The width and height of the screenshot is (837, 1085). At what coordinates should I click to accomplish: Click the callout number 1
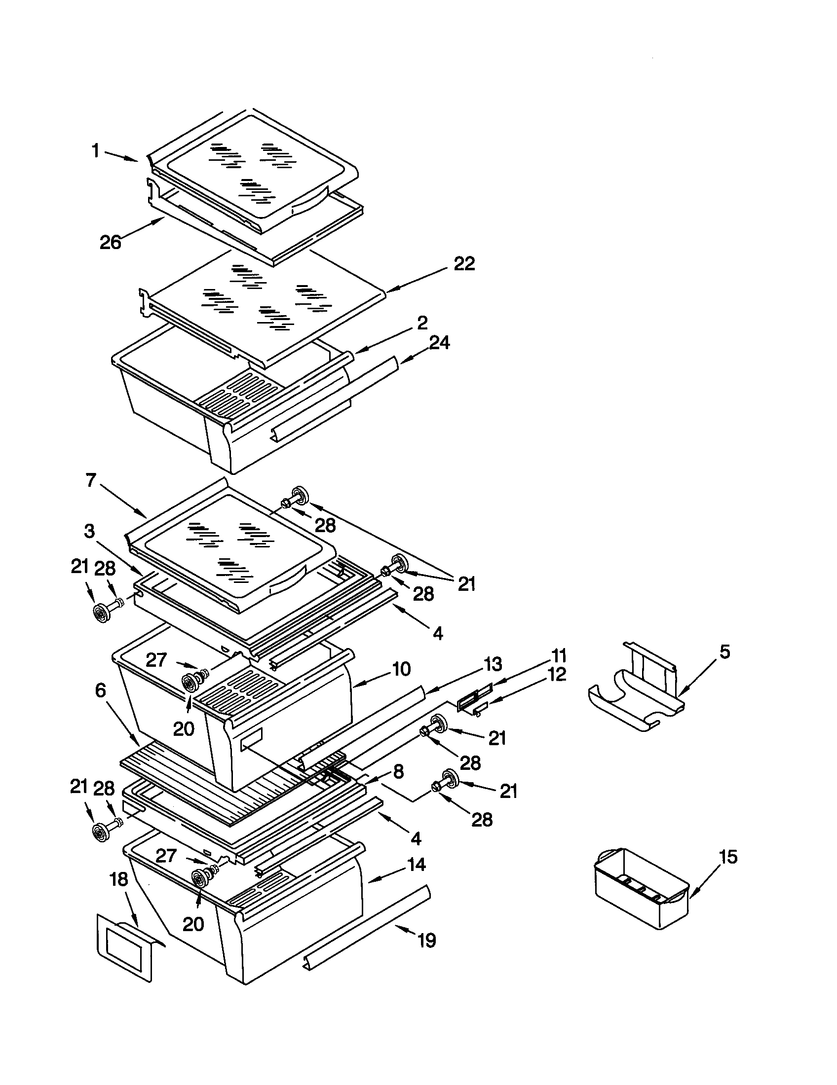(x=95, y=150)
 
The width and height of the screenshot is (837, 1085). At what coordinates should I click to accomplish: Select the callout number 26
(x=111, y=243)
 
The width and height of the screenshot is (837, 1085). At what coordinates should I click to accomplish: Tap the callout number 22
(x=464, y=264)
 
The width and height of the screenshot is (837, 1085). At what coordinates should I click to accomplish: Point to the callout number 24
(x=439, y=342)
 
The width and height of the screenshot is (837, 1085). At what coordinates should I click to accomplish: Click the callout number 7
(x=90, y=481)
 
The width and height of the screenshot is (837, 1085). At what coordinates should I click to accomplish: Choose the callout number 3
(x=89, y=531)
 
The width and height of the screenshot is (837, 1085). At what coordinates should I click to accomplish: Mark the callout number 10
(x=401, y=669)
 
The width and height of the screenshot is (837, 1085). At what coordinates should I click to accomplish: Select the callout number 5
(x=725, y=651)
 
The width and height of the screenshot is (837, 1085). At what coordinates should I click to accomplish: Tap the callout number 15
(x=728, y=857)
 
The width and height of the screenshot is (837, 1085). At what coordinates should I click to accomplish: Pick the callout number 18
(x=119, y=879)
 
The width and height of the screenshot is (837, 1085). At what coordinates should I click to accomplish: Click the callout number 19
(x=426, y=940)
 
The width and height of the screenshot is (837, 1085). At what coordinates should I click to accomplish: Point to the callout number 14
(x=416, y=865)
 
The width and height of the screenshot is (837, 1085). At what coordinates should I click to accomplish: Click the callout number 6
(x=100, y=690)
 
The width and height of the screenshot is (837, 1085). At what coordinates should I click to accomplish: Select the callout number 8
(x=398, y=771)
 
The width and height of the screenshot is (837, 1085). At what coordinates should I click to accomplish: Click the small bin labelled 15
(x=641, y=894)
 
